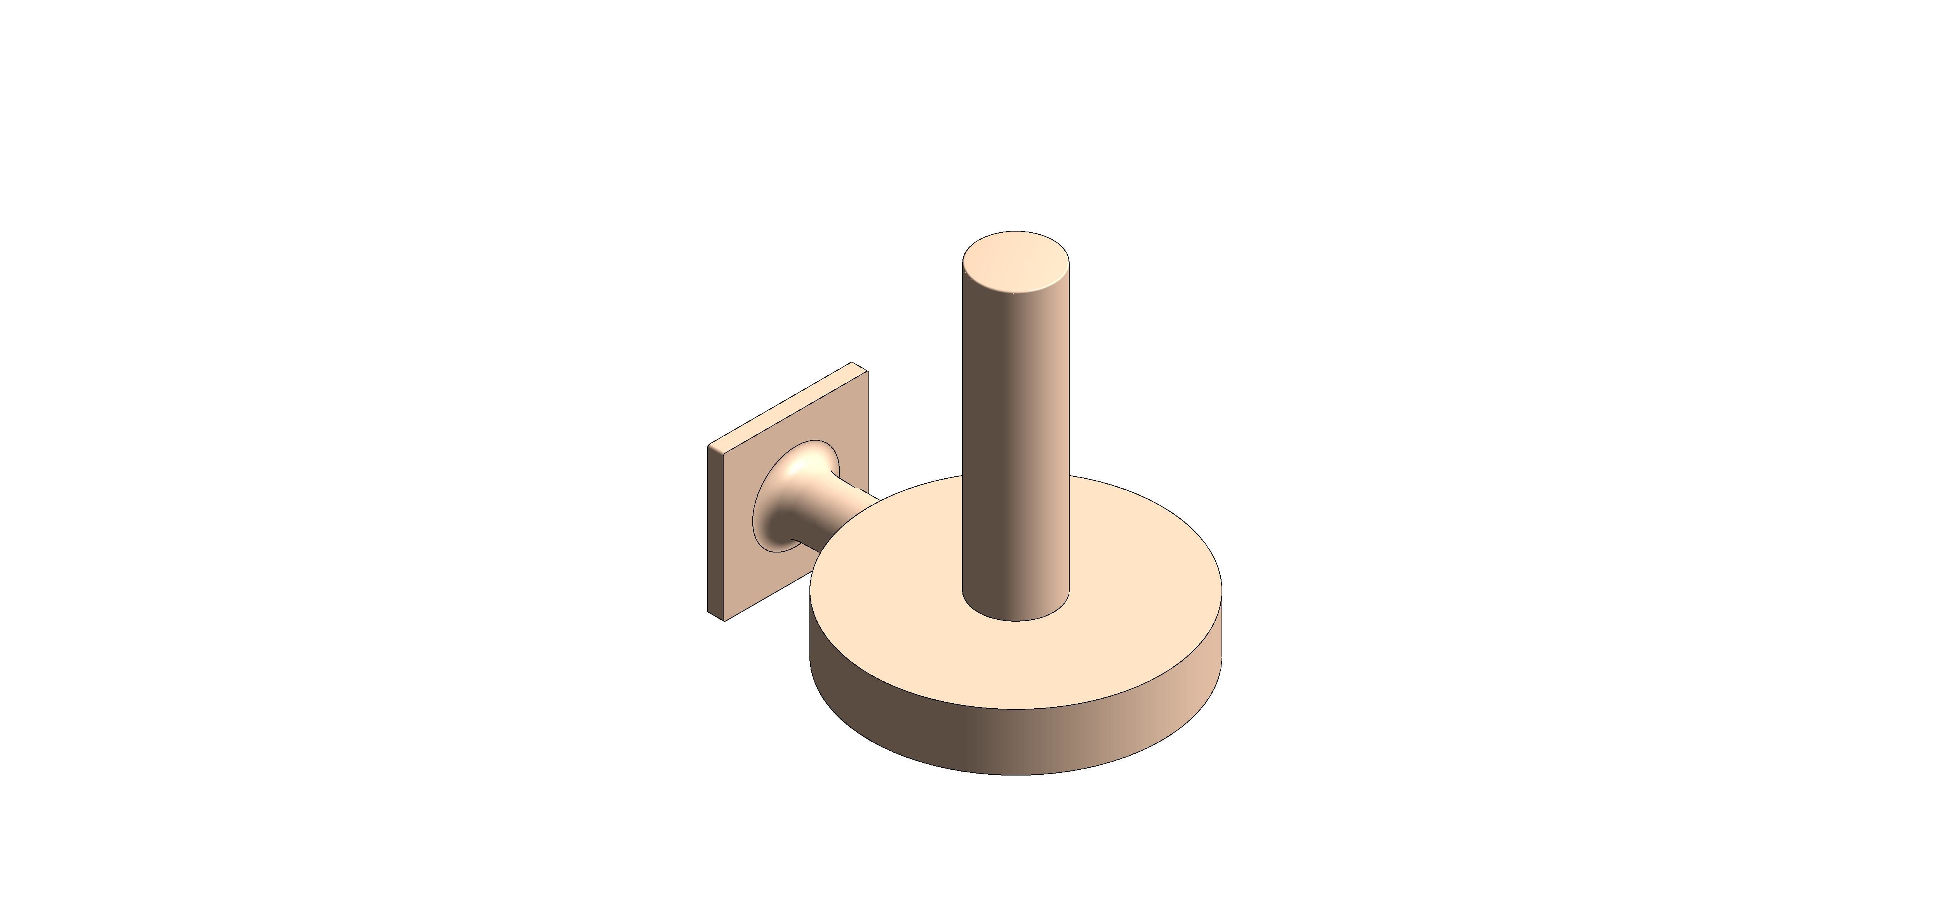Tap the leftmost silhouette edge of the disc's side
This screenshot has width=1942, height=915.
(x=811, y=626)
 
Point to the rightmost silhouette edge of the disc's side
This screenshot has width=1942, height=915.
(x=1221, y=626)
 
